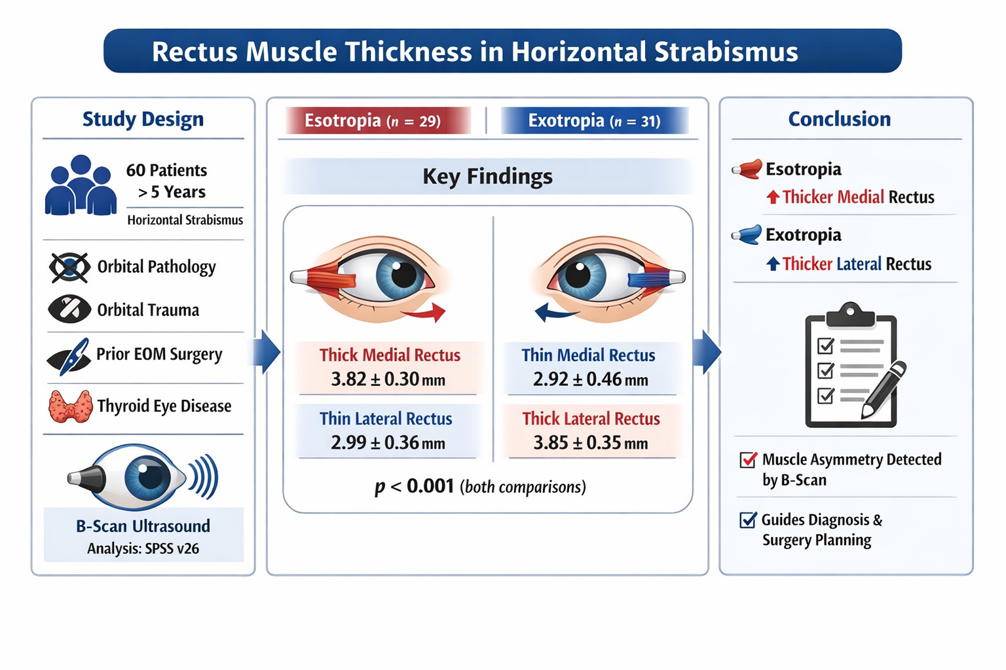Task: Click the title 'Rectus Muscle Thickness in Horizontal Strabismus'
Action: point(475,52)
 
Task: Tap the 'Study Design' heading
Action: point(143,119)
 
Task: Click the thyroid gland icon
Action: point(69,406)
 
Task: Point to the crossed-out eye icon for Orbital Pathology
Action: point(69,267)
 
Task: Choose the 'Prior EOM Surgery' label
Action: point(159,354)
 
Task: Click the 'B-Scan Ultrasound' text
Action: point(143,526)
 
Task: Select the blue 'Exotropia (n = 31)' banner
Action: point(594,121)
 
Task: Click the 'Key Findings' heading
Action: point(487,177)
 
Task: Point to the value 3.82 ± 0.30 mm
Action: point(388,379)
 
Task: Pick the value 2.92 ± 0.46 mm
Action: point(590,379)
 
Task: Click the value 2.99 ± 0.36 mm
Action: point(388,443)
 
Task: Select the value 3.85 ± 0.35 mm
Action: point(590,443)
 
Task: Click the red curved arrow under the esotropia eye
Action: point(424,314)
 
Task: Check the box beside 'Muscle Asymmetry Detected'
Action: point(748,460)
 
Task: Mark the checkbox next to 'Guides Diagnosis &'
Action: point(748,520)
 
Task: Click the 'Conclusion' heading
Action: point(839,119)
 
